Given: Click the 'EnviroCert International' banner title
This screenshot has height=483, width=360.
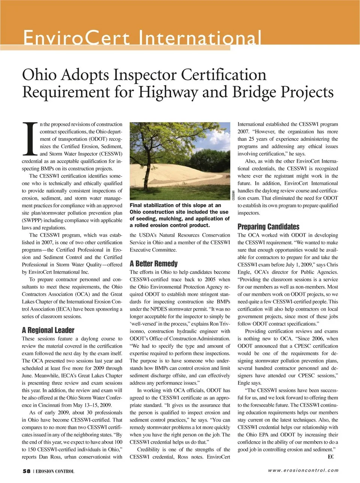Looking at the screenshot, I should click(142, 38).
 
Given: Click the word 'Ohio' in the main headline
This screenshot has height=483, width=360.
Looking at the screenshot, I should click(39, 75).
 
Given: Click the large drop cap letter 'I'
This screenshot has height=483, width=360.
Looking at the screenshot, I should click(30, 139).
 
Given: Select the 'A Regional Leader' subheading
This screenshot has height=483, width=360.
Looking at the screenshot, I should click(48, 330).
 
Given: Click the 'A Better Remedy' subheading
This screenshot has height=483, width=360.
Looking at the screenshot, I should click(154, 263).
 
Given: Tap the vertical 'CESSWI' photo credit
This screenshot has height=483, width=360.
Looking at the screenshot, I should click(233, 196).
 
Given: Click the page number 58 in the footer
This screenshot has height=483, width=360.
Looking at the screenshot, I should click(26, 471).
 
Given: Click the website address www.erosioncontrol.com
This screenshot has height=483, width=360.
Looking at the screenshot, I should click(303, 471).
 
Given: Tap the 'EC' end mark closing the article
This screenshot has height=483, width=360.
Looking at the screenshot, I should click(331, 457).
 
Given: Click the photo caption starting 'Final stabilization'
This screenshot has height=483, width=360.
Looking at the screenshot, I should click(180, 215).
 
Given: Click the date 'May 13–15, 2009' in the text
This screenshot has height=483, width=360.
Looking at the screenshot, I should click(93, 405).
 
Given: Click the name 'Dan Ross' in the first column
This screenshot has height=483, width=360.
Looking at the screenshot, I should click(49, 457).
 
